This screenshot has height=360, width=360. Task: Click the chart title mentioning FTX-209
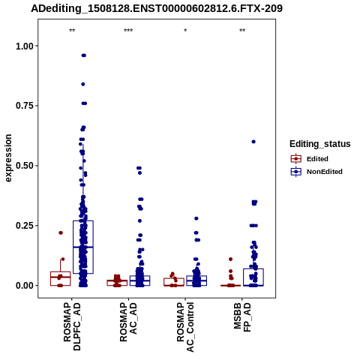click(157, 9)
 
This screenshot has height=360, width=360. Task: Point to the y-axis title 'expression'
click(8, 158)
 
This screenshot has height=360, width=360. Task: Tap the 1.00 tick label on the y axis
click(25, 46)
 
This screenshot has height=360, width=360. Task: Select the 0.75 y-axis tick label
click(25, 106)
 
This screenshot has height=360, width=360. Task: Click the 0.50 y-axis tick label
click(25, 166)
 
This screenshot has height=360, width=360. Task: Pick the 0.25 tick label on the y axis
click(25, 226)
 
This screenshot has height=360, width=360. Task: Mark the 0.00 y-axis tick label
click(25, 285)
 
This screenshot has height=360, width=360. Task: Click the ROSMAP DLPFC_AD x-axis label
click(72, 326)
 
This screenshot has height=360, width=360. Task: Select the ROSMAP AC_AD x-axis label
click(129, 322)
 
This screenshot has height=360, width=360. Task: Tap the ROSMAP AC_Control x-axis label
click(185, 327)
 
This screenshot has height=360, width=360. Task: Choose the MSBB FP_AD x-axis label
click(242, 317)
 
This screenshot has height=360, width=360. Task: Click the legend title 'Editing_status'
click(320, 144)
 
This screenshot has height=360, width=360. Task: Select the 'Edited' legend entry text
click(317, 159)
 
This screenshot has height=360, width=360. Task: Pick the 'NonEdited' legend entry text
click(325, 172)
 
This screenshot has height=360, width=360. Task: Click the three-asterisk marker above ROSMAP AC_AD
click(128, 31)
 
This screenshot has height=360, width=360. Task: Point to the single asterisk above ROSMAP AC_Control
click(185, 31)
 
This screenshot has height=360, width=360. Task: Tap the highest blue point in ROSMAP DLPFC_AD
click(84, 55)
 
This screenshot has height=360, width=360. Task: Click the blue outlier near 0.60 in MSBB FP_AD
click(253, 142)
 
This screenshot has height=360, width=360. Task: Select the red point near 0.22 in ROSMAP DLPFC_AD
click(61, 232)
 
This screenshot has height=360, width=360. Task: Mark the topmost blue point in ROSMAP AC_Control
click(196, 218)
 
